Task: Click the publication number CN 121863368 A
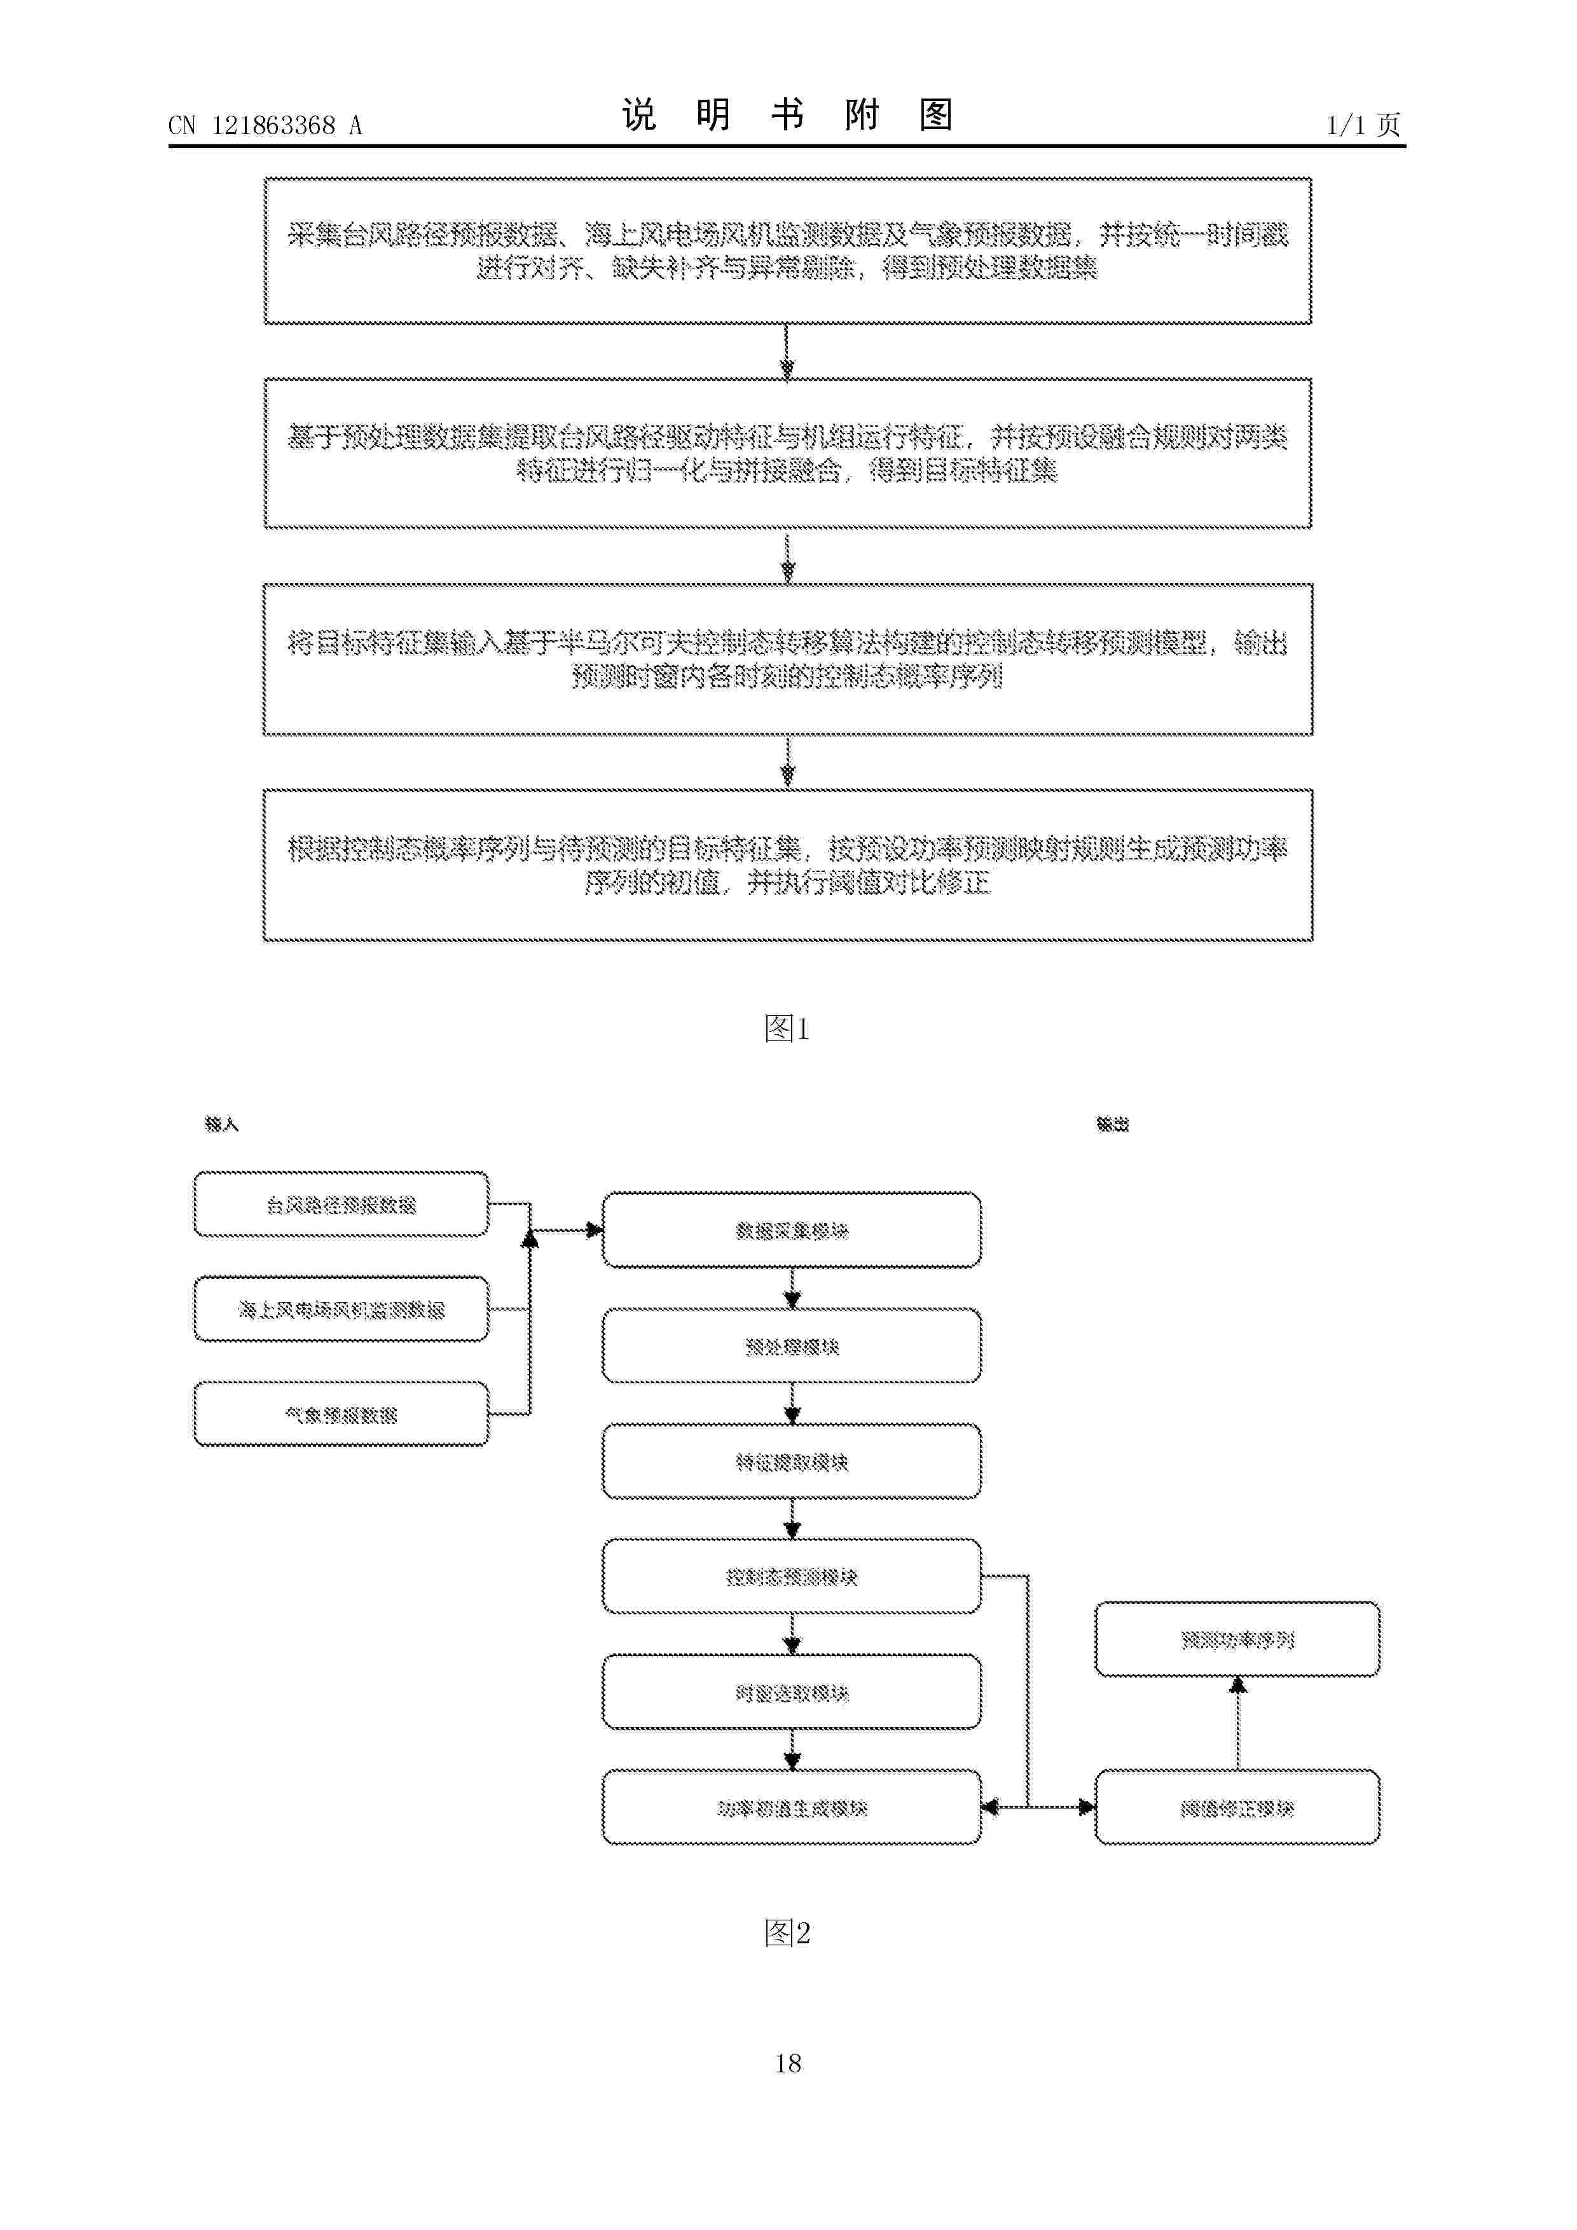[265, 125]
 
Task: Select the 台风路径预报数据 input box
[341, 1205]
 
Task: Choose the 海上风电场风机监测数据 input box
[341, 1310]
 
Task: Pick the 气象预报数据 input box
[341, 1414]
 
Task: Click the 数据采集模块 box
[791, 1231]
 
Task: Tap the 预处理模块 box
[791, 1346]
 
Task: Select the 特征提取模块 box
[791, 1461]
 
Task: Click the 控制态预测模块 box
[791, 1577]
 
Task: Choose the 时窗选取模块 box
[791, 1693]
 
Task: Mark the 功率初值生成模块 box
[791, 1807]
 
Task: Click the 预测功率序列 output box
[1237, 1639]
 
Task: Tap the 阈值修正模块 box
[1237, 1807]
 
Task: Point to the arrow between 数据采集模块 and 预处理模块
[792, 1288]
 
